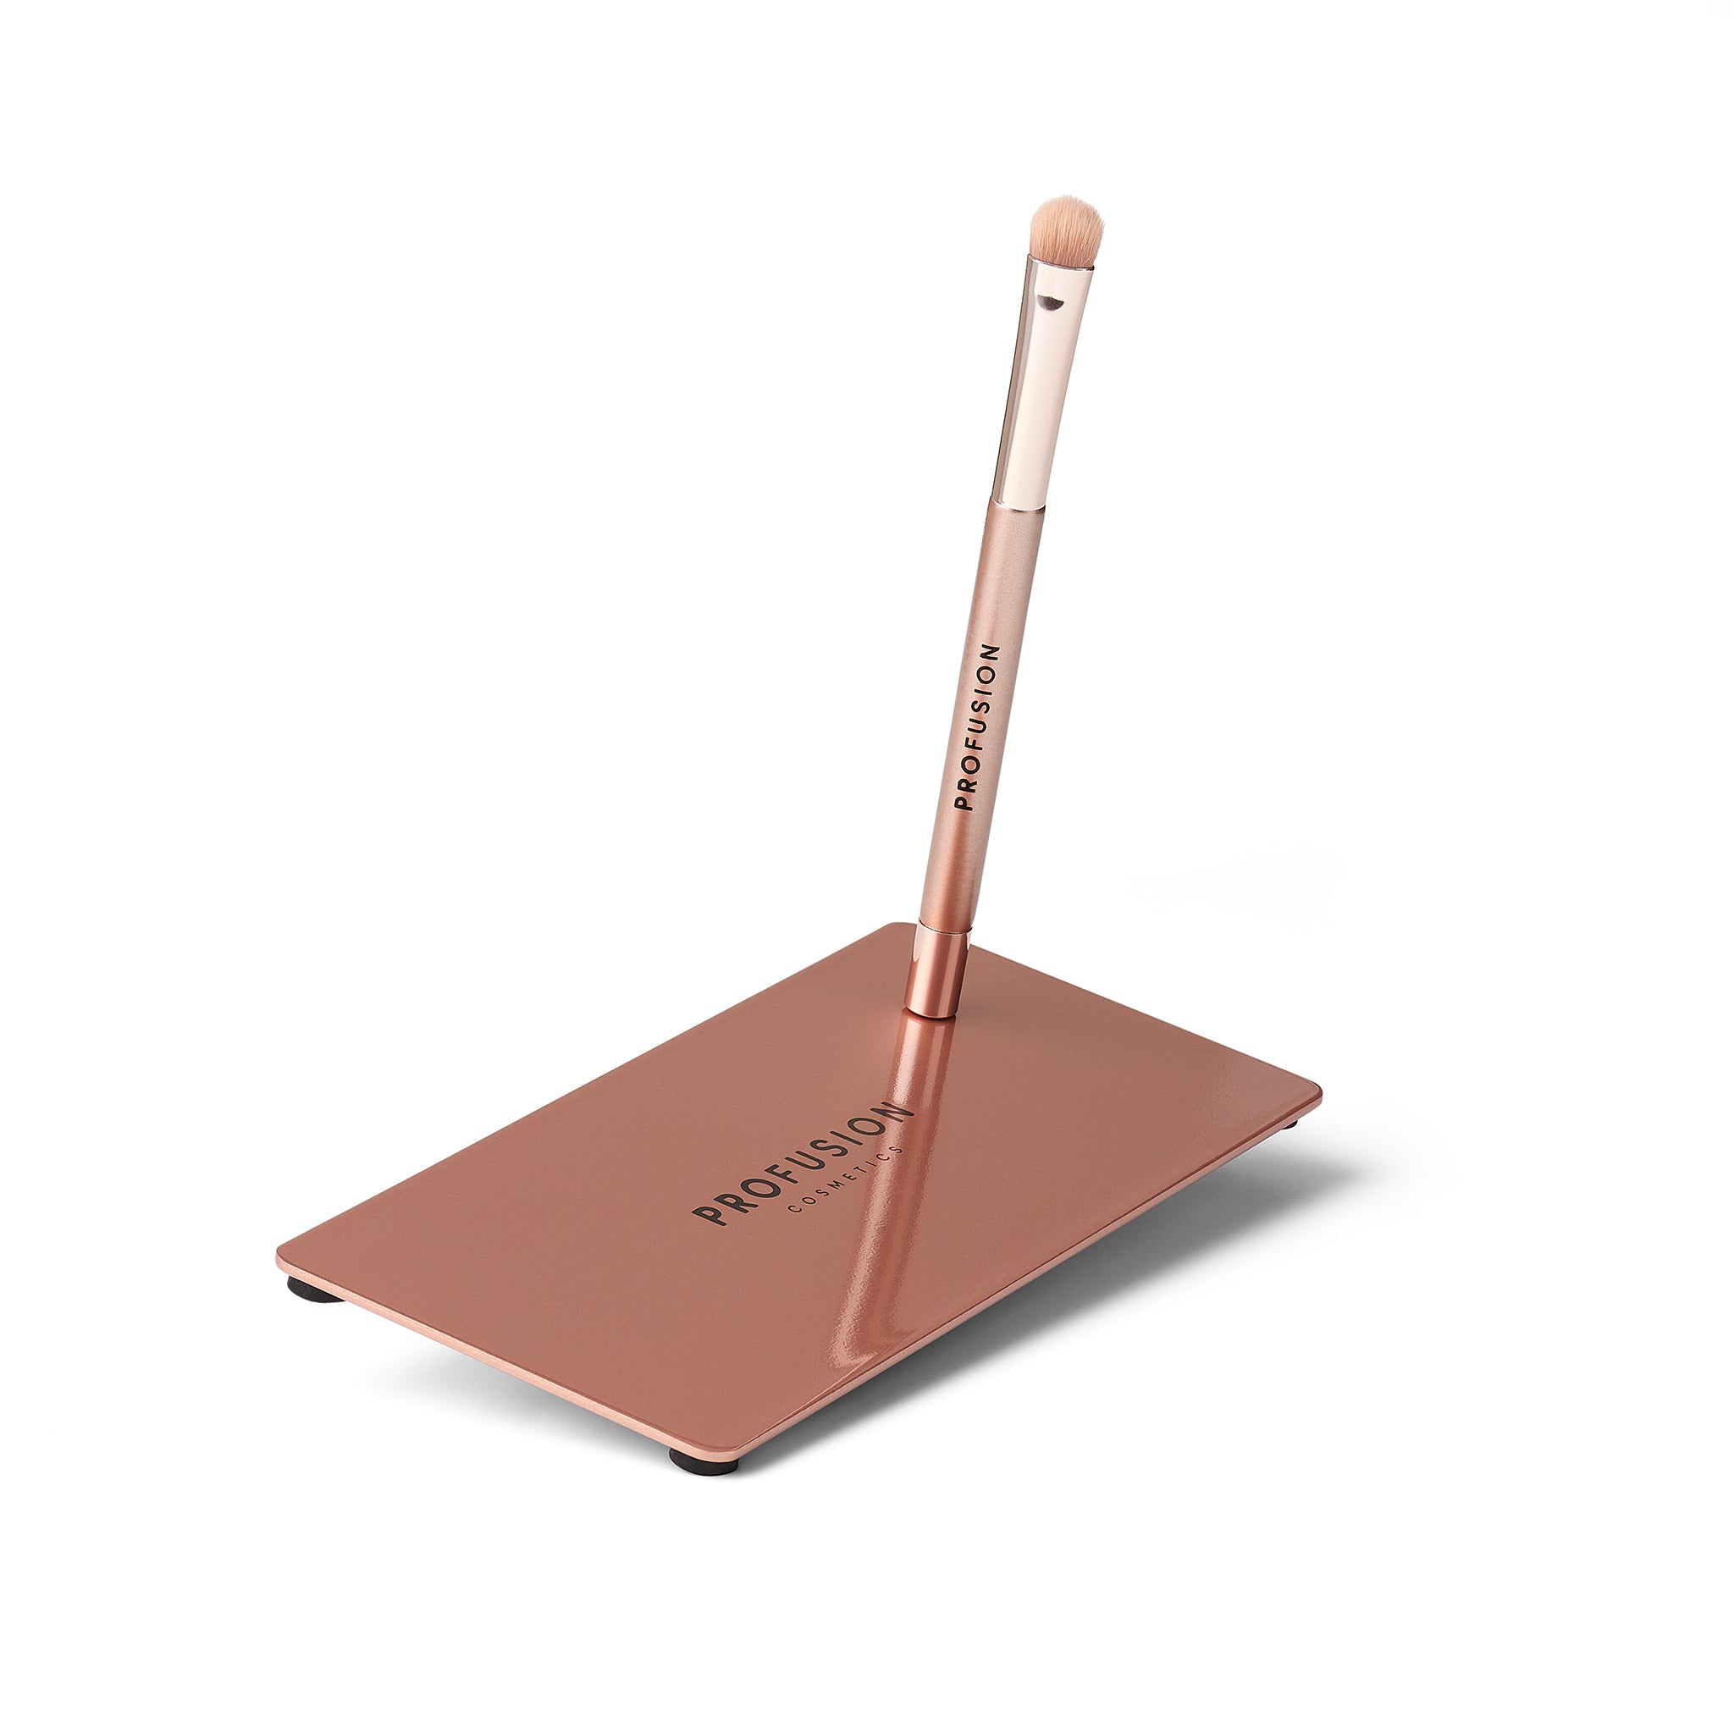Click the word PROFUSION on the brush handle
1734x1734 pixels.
coord(977,727)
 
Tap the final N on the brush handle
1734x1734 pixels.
coord(989,653)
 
